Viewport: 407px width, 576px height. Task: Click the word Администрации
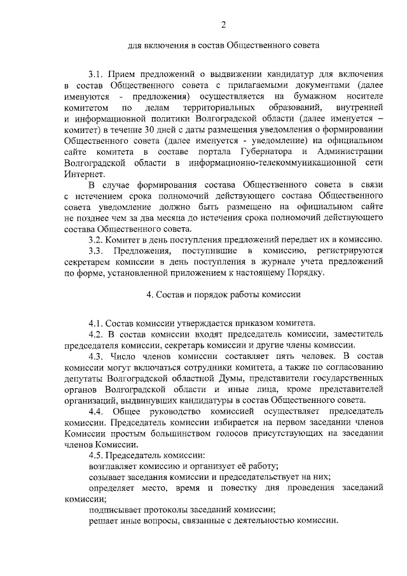coord(345,151)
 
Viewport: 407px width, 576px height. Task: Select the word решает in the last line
coord(104,521)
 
